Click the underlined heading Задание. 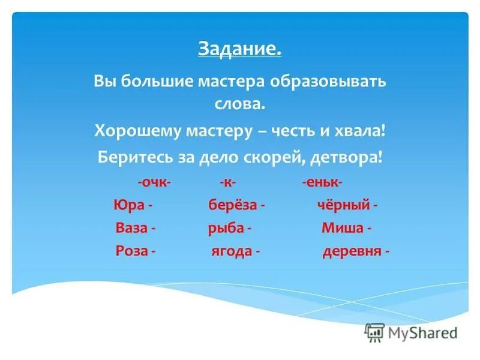239,48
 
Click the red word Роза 131,251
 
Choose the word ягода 231,251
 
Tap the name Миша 343,228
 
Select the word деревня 352,251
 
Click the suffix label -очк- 154,182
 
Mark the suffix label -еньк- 323,182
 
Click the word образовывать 333,81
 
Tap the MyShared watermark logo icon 374,332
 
